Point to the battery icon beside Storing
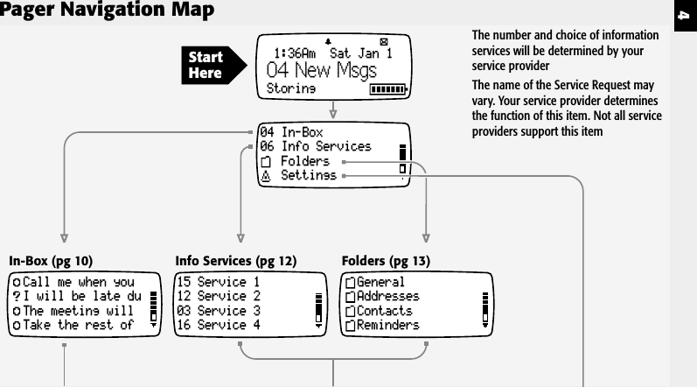(x=389, y=89)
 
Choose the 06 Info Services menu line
(x=316, y=147)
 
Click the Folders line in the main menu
(x=304, y=162)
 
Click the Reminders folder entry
(x=384, y=325)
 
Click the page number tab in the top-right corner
(x=687, y=15)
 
